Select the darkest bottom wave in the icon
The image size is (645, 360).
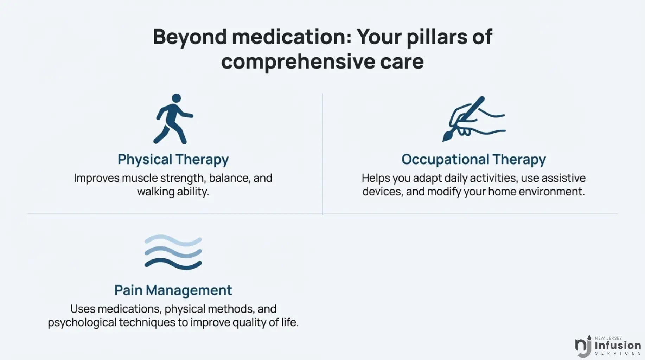coord(173,264)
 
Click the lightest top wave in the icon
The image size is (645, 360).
coord(173,240)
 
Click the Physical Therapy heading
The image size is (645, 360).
coord(173,160)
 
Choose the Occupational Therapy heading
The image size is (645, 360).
coord(473,160)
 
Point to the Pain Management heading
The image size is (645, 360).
coord(173,290)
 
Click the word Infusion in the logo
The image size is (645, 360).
coord(618,345)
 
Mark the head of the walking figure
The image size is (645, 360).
coord(176,98)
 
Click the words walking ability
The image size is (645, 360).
coord(173,192)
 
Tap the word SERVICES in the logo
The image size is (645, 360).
coord(618,353)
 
